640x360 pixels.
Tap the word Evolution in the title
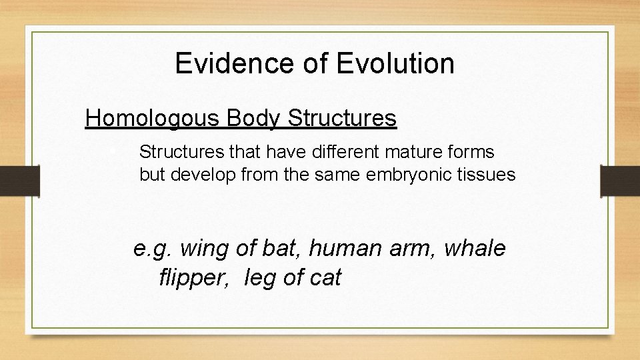tap(396, 64)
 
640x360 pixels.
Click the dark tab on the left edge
tap(21, 180)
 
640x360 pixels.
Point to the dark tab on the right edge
tap(619, 180)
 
